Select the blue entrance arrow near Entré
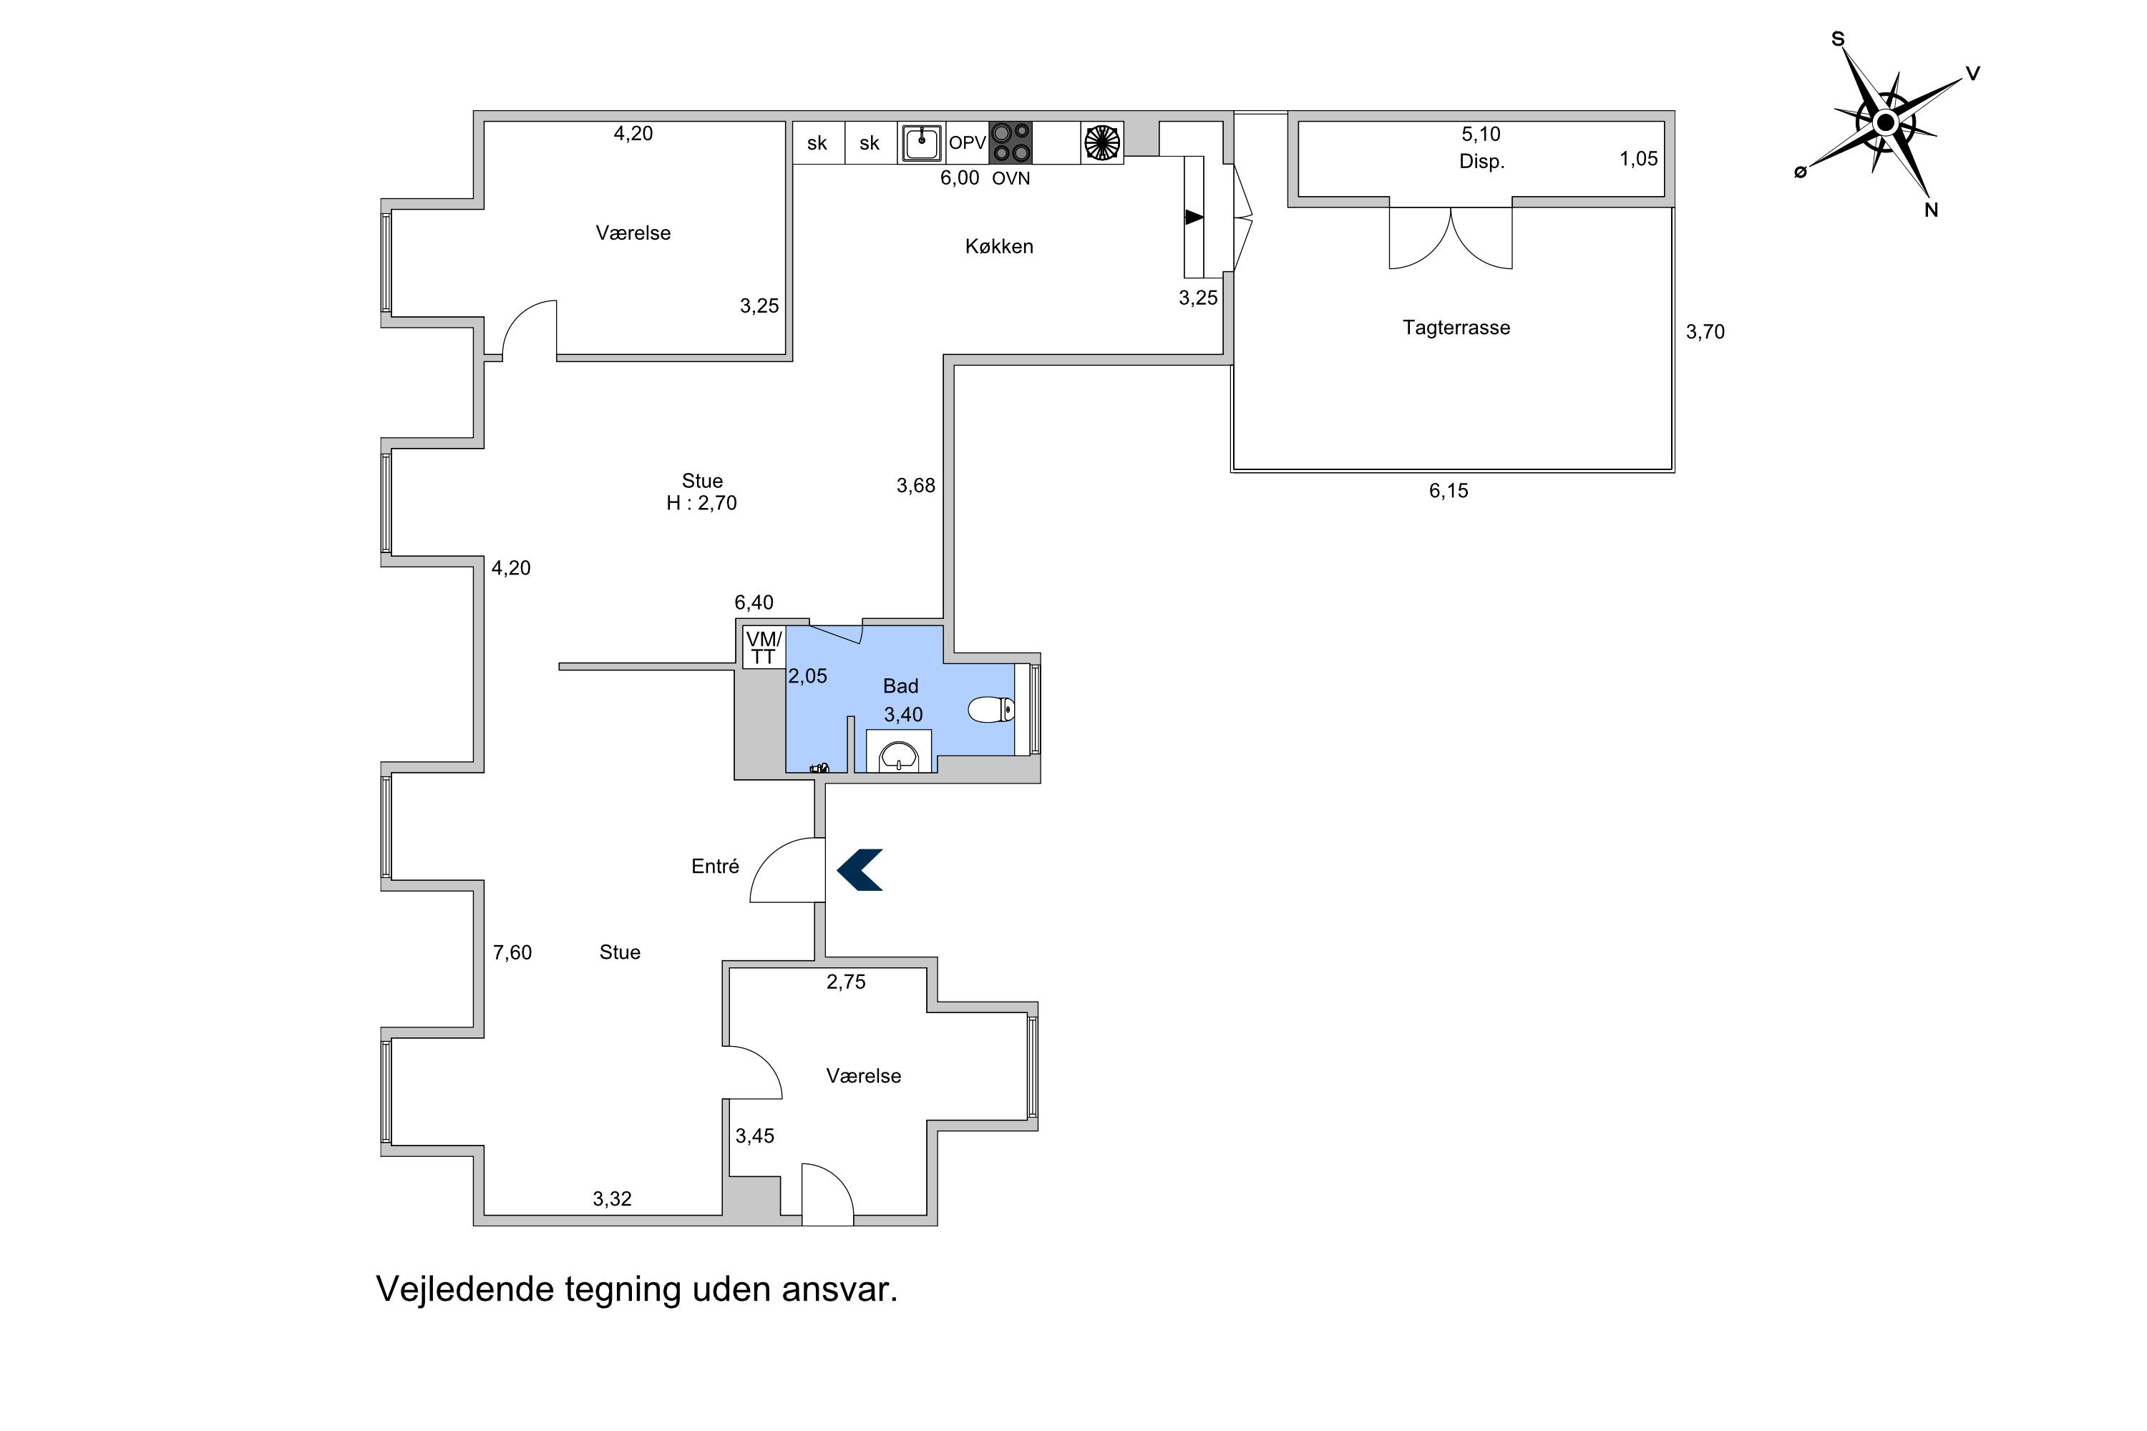coord(859,870)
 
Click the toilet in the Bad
coord(990,709)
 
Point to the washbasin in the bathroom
coord(898,756)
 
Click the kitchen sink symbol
coord(921,143)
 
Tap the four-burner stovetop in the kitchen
coord(1011,142)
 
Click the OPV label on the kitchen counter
coord(968,143)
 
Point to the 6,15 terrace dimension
coord(1449,491)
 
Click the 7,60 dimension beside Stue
coord(512,953)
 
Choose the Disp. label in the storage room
coord(1481,162)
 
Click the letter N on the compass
coord(1931,210)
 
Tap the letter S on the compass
coord(1838,39)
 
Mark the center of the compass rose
coord(1885,122)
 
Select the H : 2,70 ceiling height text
coord(701,503)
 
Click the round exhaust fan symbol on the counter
coord(1102,142)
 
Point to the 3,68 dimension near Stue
coord(915,487)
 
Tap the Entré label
coord(715,866)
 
